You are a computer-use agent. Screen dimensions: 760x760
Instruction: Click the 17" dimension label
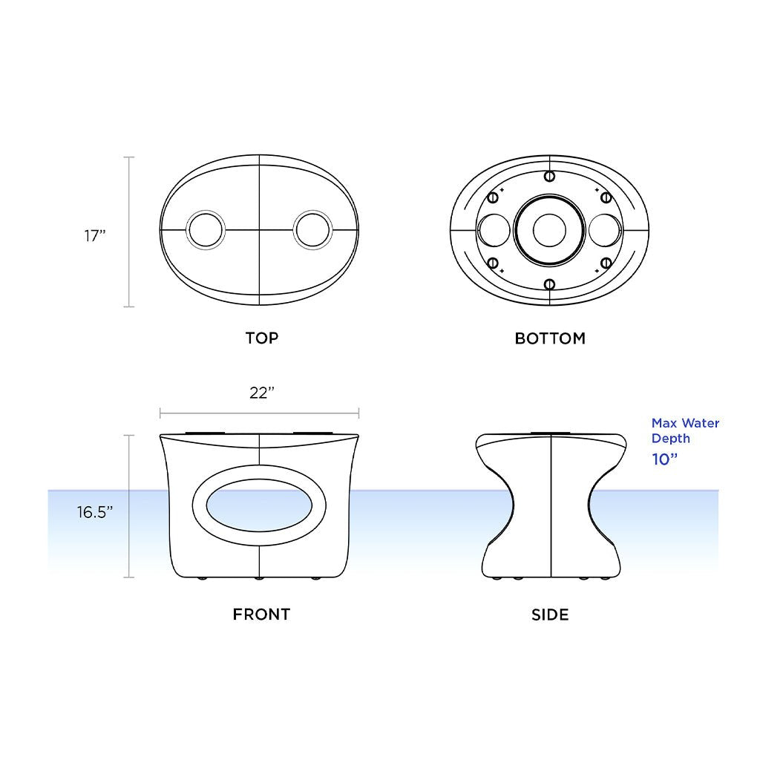(x=95, y=236)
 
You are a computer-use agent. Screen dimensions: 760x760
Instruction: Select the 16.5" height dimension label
(x=95, y=511)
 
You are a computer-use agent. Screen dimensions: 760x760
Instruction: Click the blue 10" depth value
(x=665, y=459)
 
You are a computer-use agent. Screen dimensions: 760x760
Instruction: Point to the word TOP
(x=262, y=338)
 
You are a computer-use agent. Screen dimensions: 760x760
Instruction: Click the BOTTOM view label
(x=550, y=338)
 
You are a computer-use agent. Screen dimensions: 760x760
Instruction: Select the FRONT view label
(x=261, y=615)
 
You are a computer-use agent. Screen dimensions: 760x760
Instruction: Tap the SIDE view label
(x=550, y=615)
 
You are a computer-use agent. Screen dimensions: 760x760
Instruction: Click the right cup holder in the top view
(x=312, y=230)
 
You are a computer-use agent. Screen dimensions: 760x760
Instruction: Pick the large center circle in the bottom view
(x=549, y=229)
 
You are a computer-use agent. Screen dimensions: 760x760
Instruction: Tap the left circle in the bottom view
(x=494, y=229)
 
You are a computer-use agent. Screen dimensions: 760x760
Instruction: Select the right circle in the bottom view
(x=605, y=229)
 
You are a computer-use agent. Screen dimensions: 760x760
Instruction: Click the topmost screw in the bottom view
(x=549, y=176)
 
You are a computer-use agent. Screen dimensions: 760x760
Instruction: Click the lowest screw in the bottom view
(x=549, y=284)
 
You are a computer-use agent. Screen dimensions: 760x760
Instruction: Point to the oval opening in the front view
(x=259, y=508)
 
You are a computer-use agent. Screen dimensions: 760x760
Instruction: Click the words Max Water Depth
(x=684, y=430)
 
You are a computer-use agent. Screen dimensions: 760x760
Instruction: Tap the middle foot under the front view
(x=258, y=577)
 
